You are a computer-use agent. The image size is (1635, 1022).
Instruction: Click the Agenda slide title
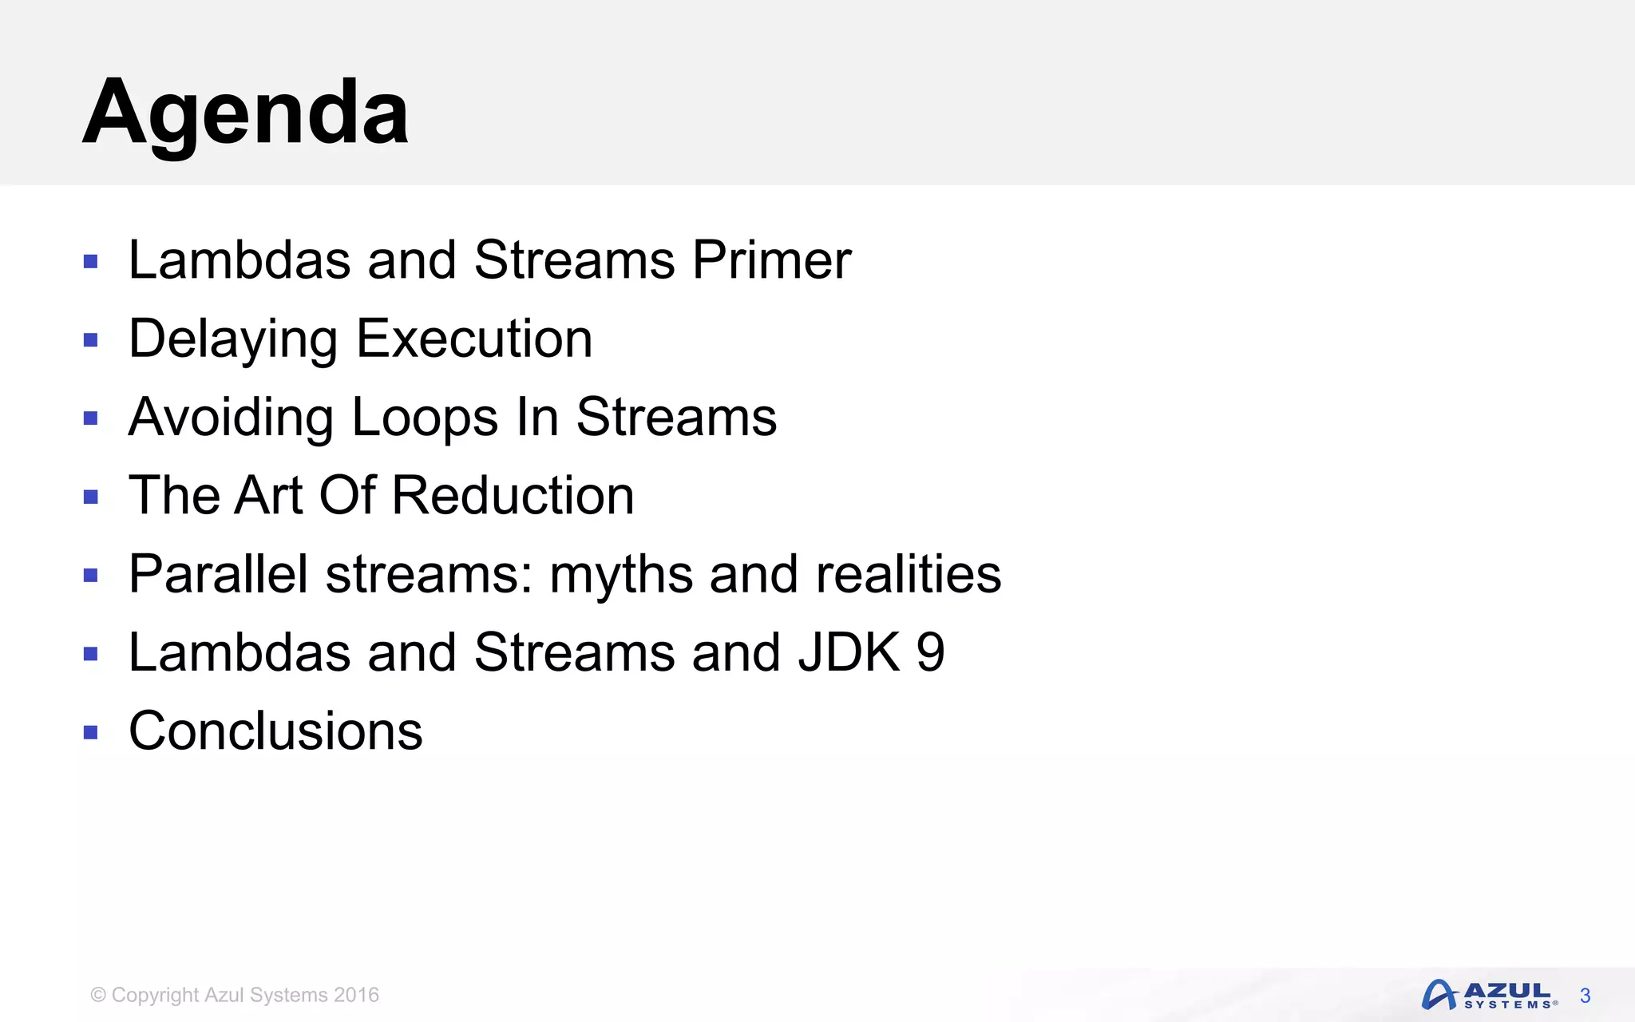pos(245,112)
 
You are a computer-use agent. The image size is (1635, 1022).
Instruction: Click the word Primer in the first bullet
pos(771,260)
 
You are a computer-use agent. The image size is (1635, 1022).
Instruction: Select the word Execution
pos(474,339)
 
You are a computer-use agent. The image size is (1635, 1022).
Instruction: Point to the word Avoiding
pos(231,417)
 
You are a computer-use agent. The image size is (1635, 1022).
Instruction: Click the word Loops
pos(425,417)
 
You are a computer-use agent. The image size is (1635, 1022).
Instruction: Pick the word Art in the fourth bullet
pos(269,495)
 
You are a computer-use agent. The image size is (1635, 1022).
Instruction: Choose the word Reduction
pos(513,495)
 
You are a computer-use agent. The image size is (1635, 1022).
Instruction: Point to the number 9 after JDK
pos(931,652)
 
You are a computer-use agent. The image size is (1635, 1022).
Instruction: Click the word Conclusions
pos(275,731)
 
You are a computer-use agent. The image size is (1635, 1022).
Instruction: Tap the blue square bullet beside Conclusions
pos(90,732)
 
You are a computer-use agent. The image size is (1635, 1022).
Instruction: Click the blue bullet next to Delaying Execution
pos(90,340)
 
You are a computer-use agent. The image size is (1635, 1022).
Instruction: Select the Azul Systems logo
pos(1488,995)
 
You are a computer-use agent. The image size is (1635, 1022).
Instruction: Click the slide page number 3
pos(1585,996)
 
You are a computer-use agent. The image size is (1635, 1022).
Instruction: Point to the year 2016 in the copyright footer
pos(356,995)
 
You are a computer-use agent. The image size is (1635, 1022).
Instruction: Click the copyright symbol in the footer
pos(98,995)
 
